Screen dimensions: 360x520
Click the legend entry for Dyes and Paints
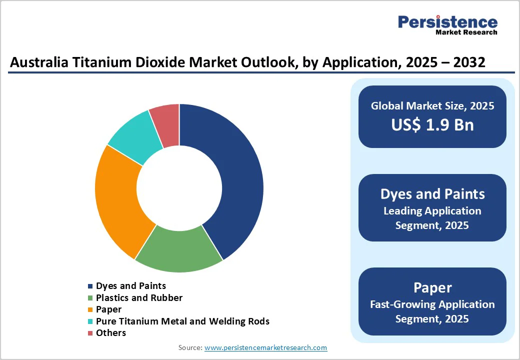pos(131,286)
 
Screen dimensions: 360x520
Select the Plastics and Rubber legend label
pos(139,298)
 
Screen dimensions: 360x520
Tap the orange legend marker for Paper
pos(90,310)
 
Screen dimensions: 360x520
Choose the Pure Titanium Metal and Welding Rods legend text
pos(182,321)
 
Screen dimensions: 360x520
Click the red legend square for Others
pos(90,333)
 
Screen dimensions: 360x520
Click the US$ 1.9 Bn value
pos(432,124)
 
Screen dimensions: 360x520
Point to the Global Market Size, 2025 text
pos(432,106)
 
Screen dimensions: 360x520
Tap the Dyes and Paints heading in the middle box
pos(432,194)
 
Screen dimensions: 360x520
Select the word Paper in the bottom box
pos(432,287)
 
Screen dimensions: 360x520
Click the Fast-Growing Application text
pos(432,304)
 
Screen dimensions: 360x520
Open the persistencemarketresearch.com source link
pos(265,347)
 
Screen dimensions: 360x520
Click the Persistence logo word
pos(447,22)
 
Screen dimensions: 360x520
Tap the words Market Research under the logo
pos(466,32)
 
